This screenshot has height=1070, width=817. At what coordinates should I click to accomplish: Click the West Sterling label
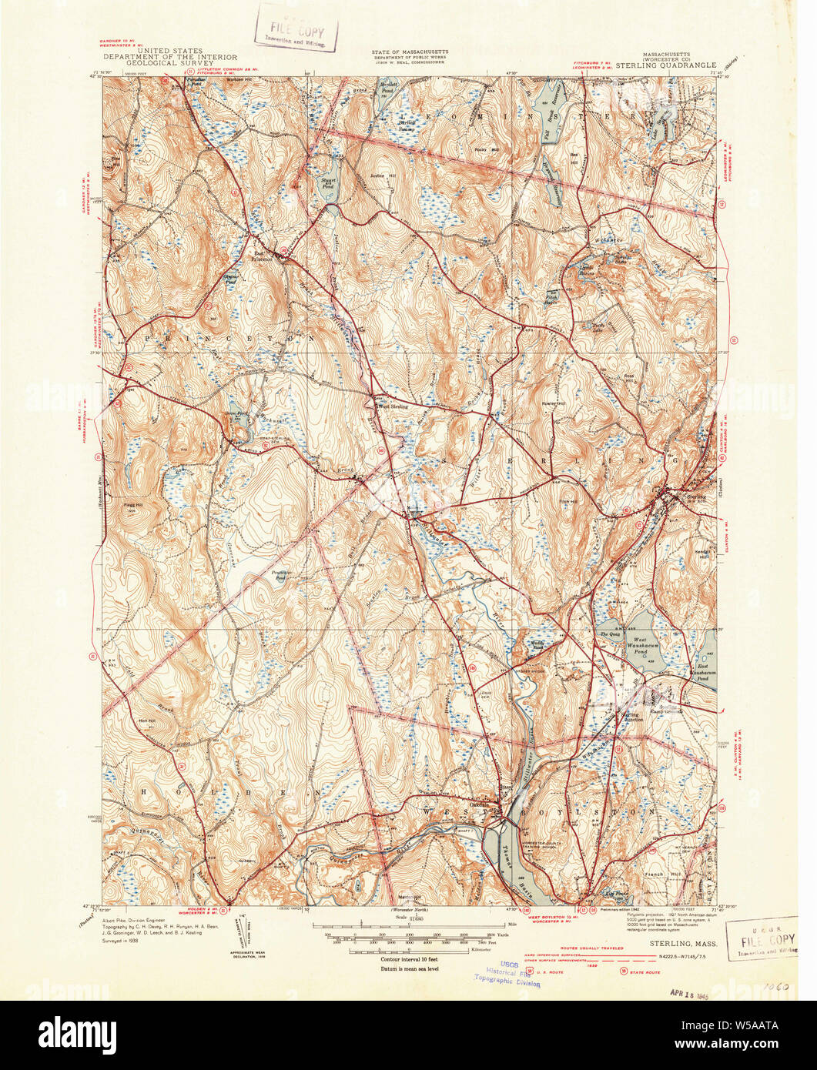(x=391, y=406)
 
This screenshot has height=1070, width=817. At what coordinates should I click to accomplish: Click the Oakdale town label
(x=480, y=805)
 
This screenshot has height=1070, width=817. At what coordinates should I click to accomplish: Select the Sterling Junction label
(x=630, y=715)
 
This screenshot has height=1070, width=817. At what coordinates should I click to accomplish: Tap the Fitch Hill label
(x=568, y=502)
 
